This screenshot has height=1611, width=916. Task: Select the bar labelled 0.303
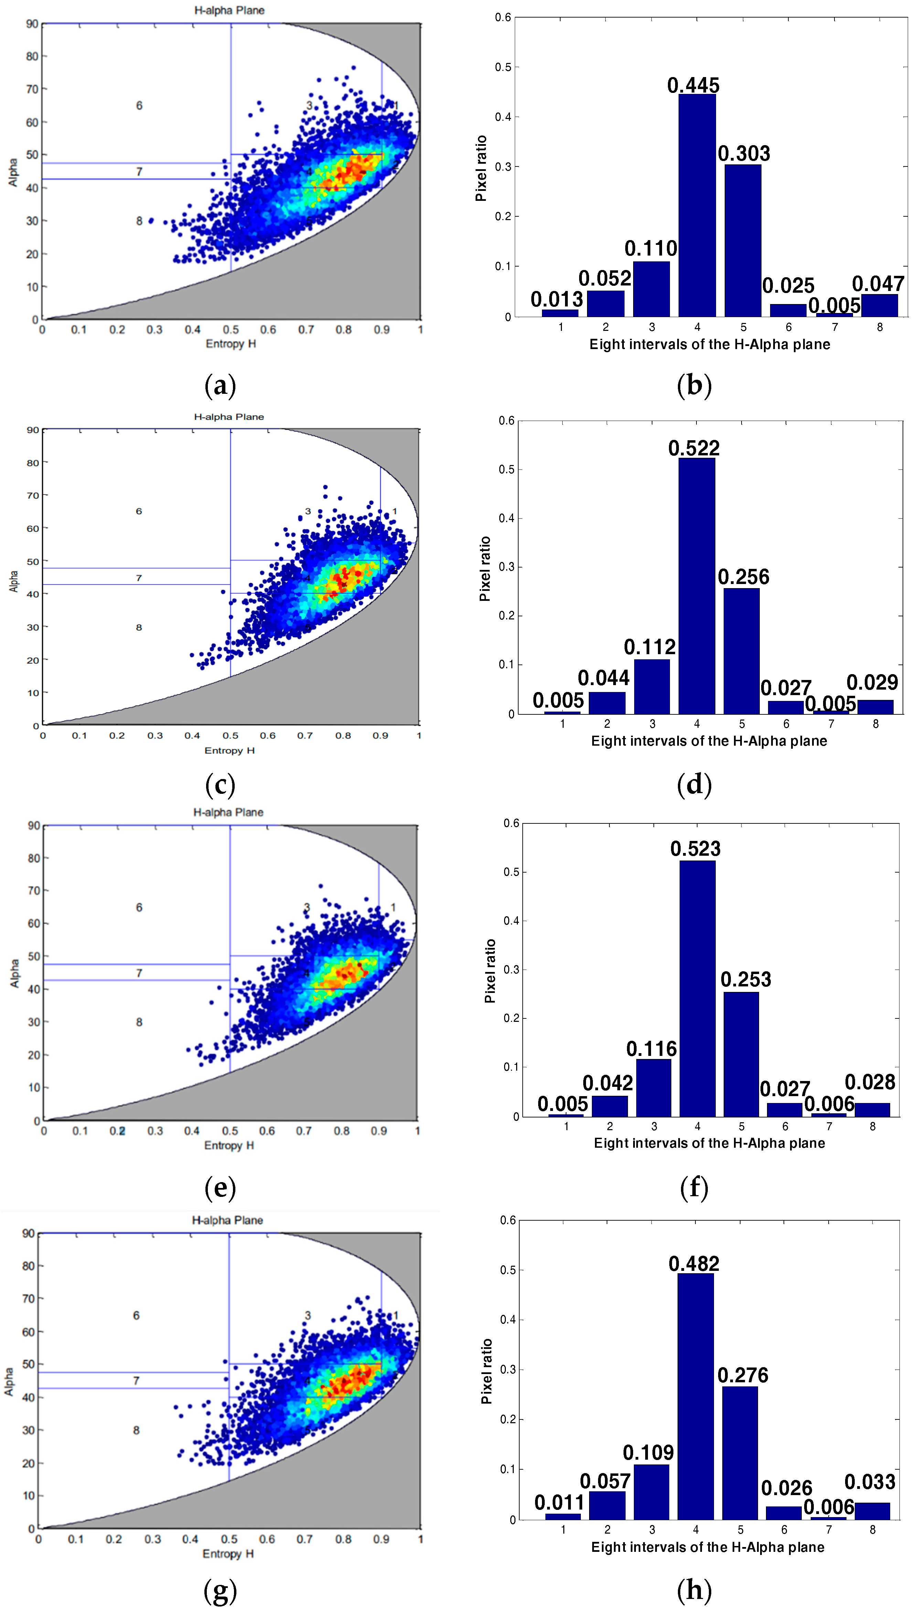pos(743,240)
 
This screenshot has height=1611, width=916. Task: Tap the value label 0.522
pos(694,448)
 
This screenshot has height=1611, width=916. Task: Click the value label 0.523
pos(695,849)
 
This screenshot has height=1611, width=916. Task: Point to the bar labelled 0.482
pos(696,1396)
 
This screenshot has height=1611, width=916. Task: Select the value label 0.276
pos(743,1375)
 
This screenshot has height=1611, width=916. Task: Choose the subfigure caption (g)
pos(220,1590)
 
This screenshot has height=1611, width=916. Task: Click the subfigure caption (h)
pos(694,1590)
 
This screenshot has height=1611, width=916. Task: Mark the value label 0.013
pos(557,299)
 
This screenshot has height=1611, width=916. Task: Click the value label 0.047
pos(878,284)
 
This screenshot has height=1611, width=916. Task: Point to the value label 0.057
pos(605,1481)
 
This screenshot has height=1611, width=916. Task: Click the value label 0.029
pos(872,682)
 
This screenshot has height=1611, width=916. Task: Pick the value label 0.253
pos(746,979)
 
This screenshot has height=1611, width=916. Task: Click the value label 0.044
pos(603,678)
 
